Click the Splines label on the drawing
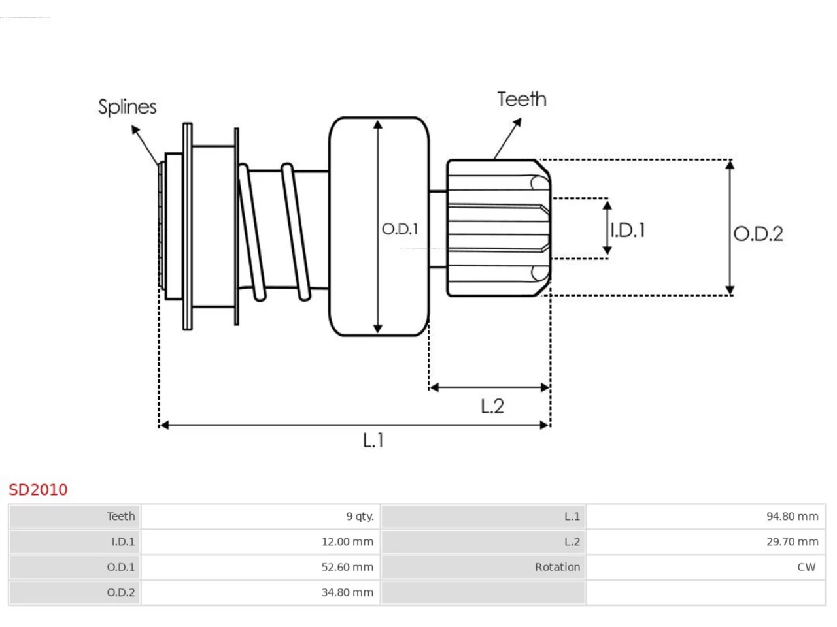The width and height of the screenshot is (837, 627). [x=128, y=107]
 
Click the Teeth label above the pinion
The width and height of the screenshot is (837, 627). [x=522, y=99]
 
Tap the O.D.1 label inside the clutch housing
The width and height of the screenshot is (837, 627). [x=400, y=229]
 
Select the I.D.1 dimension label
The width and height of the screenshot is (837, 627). [x=628, y=231]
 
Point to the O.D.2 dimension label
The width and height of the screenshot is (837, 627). [x=758, y=234]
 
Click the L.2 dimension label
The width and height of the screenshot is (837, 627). [x=492, y=406]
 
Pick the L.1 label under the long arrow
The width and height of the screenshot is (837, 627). [x=373, y=440]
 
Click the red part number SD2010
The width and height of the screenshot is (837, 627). [x=38, y=490]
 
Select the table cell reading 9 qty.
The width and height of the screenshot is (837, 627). [x=360, y=516]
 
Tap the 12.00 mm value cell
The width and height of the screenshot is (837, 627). [x=347, y=541]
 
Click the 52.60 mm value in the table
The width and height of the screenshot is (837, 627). [x=347, y=567]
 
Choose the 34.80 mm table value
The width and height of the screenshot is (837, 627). [x=347, y=593]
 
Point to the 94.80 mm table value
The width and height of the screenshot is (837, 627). [x=793, y=516]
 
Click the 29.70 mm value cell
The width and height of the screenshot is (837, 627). [x=793, y=541]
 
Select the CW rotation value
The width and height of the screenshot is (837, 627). [x=806, y=567]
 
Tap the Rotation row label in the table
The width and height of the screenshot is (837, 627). [x=557, y=567]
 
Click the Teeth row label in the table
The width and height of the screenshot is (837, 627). [x=121, y=516]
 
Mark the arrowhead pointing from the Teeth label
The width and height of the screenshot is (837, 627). [x=517, y=122]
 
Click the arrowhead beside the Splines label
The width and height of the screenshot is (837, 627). [x=135, y=129]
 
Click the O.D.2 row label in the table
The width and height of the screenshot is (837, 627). [x=121, y=593]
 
